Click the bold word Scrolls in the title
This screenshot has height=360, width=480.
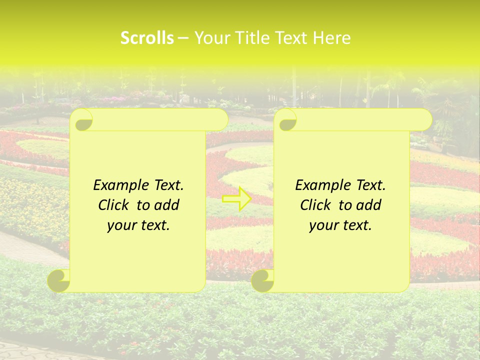click(147, 38)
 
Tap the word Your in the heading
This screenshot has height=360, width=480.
click(210, 38)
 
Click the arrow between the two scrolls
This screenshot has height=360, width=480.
click(237, 198)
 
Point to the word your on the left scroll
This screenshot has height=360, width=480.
click(120, 225)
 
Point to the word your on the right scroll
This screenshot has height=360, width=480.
click(322, 225)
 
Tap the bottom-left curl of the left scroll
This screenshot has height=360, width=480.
click(59, 280)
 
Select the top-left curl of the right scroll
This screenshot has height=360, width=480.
click(287, 120)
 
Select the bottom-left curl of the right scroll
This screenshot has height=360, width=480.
click(262, 280)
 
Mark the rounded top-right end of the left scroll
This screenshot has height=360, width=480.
click(220, 120)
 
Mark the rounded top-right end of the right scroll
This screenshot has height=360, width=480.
click(424, 120)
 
